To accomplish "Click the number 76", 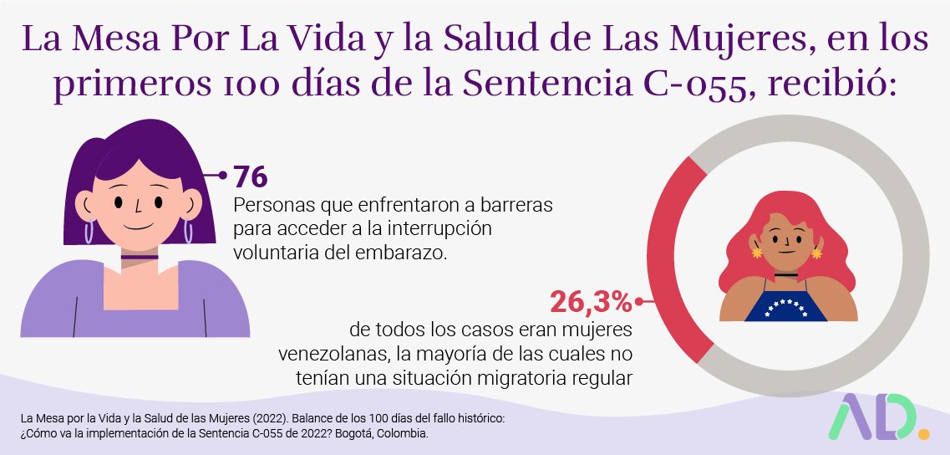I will click(249, 177).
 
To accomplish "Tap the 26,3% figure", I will click(591, 301).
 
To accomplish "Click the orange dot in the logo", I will click(922, 433).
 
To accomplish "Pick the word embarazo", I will click(408, 252).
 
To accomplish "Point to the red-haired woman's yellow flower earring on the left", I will click(757, 252).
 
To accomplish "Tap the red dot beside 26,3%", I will click(639, 301).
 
